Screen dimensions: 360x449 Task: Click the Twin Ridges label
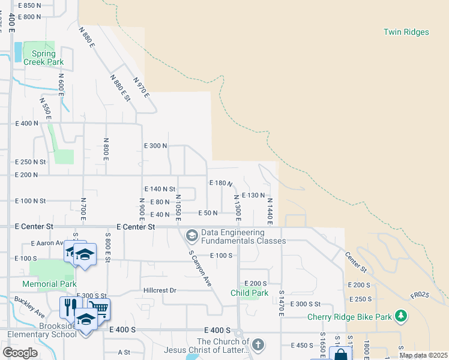point(406,32)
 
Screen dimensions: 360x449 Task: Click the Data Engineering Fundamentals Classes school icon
point(192,233)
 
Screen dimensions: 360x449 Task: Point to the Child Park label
point(249,293)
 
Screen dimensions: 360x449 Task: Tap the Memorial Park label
point(49,283)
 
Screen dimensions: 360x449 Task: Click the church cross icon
point(258,344)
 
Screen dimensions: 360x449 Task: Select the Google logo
point(19,352)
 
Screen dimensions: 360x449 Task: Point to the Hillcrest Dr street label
point(159,290)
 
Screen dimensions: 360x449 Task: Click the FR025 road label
point(420,295)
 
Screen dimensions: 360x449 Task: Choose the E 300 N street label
point(155,146)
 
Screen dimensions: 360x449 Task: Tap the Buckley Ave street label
point(30,305)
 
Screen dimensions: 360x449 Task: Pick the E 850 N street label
point(29,5)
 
